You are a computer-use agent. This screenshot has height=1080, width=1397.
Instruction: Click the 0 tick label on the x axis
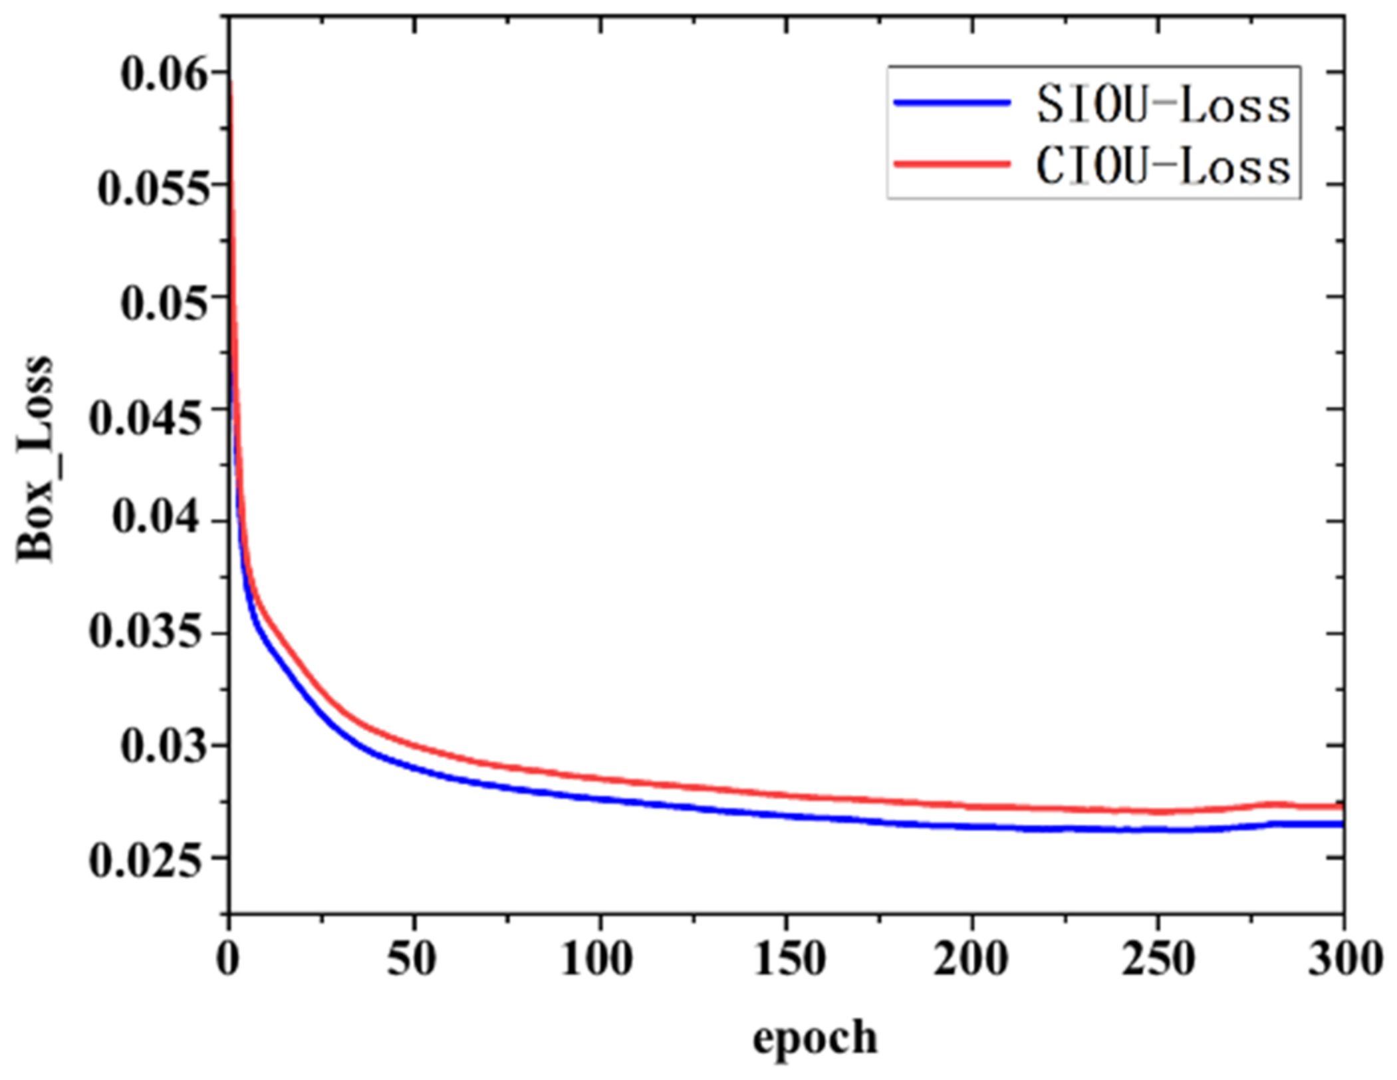click(x=228, y=960)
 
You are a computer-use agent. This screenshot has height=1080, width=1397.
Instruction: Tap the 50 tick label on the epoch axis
click(x=412, y=960)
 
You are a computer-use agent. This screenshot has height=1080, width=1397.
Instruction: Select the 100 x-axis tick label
click(x=596, y=960)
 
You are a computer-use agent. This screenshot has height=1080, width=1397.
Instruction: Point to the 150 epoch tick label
click(x=789, y=960)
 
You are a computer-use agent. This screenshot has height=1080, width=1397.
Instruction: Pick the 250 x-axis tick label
click(x=1158, y=960)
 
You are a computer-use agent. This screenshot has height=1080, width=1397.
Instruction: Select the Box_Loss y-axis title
click(x=35, y=459)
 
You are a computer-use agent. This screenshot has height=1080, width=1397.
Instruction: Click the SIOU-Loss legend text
click(x=1163, y=106)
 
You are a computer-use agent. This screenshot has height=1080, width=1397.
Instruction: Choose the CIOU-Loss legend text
click(x=1163, y=166)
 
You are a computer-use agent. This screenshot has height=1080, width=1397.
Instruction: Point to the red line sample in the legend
click(x=952, y=164)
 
